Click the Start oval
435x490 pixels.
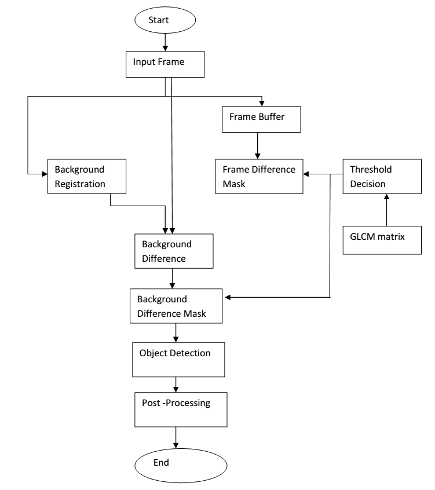[x=165, y=20]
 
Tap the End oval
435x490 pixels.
[x=181, y=466]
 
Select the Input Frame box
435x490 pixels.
[x=165, y=64]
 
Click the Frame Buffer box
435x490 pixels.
[x=261, y=119]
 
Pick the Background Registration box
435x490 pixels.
[x=87, y=177]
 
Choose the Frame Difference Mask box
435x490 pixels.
[x=259, y=177]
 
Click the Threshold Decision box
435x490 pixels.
[x=382, y=177]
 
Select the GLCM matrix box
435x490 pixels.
[x=382, y=240]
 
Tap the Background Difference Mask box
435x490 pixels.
[x=176, y=306]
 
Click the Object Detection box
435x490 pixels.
[x=178, y=360]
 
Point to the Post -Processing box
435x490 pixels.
[x=181, y=409]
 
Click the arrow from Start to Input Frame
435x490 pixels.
[x=165, y=42]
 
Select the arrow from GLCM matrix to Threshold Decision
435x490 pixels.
[x=386, y=210]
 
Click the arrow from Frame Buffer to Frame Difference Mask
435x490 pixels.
[x=258, y=145]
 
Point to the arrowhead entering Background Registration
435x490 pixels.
[x=45, y=174]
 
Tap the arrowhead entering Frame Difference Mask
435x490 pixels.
[x=306, y=174]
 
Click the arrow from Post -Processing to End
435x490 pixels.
[x=176, y=438]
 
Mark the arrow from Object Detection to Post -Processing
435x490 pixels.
[x=176, y=385]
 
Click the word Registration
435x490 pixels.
[x=80, y=184]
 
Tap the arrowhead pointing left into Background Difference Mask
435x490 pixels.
[x=228, y=297]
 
